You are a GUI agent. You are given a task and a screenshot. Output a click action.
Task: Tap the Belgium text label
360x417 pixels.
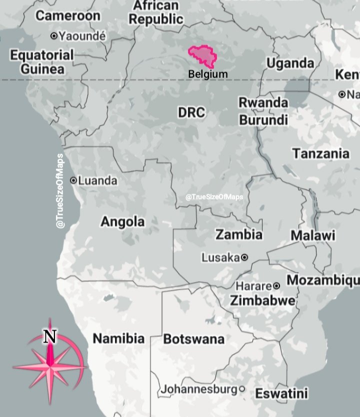pyautogui.click(x=207, y=74)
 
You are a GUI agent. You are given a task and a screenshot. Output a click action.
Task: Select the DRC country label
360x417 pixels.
pyautogui.click(x=191, y=112)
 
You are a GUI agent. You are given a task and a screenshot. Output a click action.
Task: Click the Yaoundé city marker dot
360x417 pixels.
pyautogui.click(x=54, y=36)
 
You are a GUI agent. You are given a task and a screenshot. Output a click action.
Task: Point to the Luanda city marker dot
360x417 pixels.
pyautogui.click(x=73, y=180)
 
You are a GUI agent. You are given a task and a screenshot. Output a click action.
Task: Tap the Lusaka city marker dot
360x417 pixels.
pyautogui.click(x=244, y=257)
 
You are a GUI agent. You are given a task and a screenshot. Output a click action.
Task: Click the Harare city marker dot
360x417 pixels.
pyautogui.click(x=276, y=286)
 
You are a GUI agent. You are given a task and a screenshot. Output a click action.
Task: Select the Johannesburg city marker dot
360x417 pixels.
pyautogui.click(x=242, y=388)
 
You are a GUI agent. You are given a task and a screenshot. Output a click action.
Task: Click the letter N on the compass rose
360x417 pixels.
pyautogui.click(x=49, y=336)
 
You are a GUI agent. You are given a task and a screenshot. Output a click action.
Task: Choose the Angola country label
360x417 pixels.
pyautogui.click(x=122, y=221)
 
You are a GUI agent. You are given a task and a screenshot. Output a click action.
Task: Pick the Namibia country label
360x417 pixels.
pyautogui.click(x=118, y=338)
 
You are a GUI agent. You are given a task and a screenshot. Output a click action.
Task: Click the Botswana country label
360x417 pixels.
pyautogui.click(x=194, y=339)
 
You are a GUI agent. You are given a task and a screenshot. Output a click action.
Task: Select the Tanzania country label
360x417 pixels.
pyautogui.click(x=320, y=153)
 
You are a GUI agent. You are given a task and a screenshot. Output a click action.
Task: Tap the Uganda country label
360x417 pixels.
pyautogui.click(x=290, y=63)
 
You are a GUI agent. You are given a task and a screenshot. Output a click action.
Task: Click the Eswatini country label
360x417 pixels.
pyautogui.click(x=281, y=393)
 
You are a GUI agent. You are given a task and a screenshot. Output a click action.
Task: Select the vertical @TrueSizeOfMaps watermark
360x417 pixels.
pyautogui.click(x=60, y=192)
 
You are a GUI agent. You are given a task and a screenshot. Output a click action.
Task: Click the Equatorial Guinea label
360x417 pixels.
pyautogui.click(x=42, y=61)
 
